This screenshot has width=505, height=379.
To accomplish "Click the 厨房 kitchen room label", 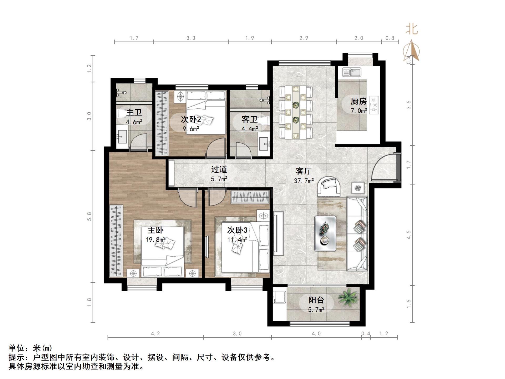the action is click(358, 101).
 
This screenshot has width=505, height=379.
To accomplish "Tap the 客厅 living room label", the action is click(304, 171).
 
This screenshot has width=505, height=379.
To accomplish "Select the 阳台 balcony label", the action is click(316, 300).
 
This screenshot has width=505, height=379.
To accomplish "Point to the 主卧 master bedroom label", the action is click(155, 230).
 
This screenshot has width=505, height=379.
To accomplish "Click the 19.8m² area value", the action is click(155, 240).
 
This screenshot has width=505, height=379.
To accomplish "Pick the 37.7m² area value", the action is click(304, 181).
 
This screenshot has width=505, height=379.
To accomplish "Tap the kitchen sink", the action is click(352, 72).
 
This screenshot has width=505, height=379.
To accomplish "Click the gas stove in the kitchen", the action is click(374, 105).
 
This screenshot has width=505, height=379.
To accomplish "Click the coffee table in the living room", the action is click(325, 233).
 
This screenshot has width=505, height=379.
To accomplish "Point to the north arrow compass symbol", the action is click(412, 51).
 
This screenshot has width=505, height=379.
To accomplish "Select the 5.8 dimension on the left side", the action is click(89, 216).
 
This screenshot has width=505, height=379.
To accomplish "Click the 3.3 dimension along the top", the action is click(191, 38).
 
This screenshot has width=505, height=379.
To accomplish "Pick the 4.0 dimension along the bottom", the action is click(316, 334).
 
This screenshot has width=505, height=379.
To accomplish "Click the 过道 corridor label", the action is click(219, 169).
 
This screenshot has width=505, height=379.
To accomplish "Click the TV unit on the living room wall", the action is click(278, 233).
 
